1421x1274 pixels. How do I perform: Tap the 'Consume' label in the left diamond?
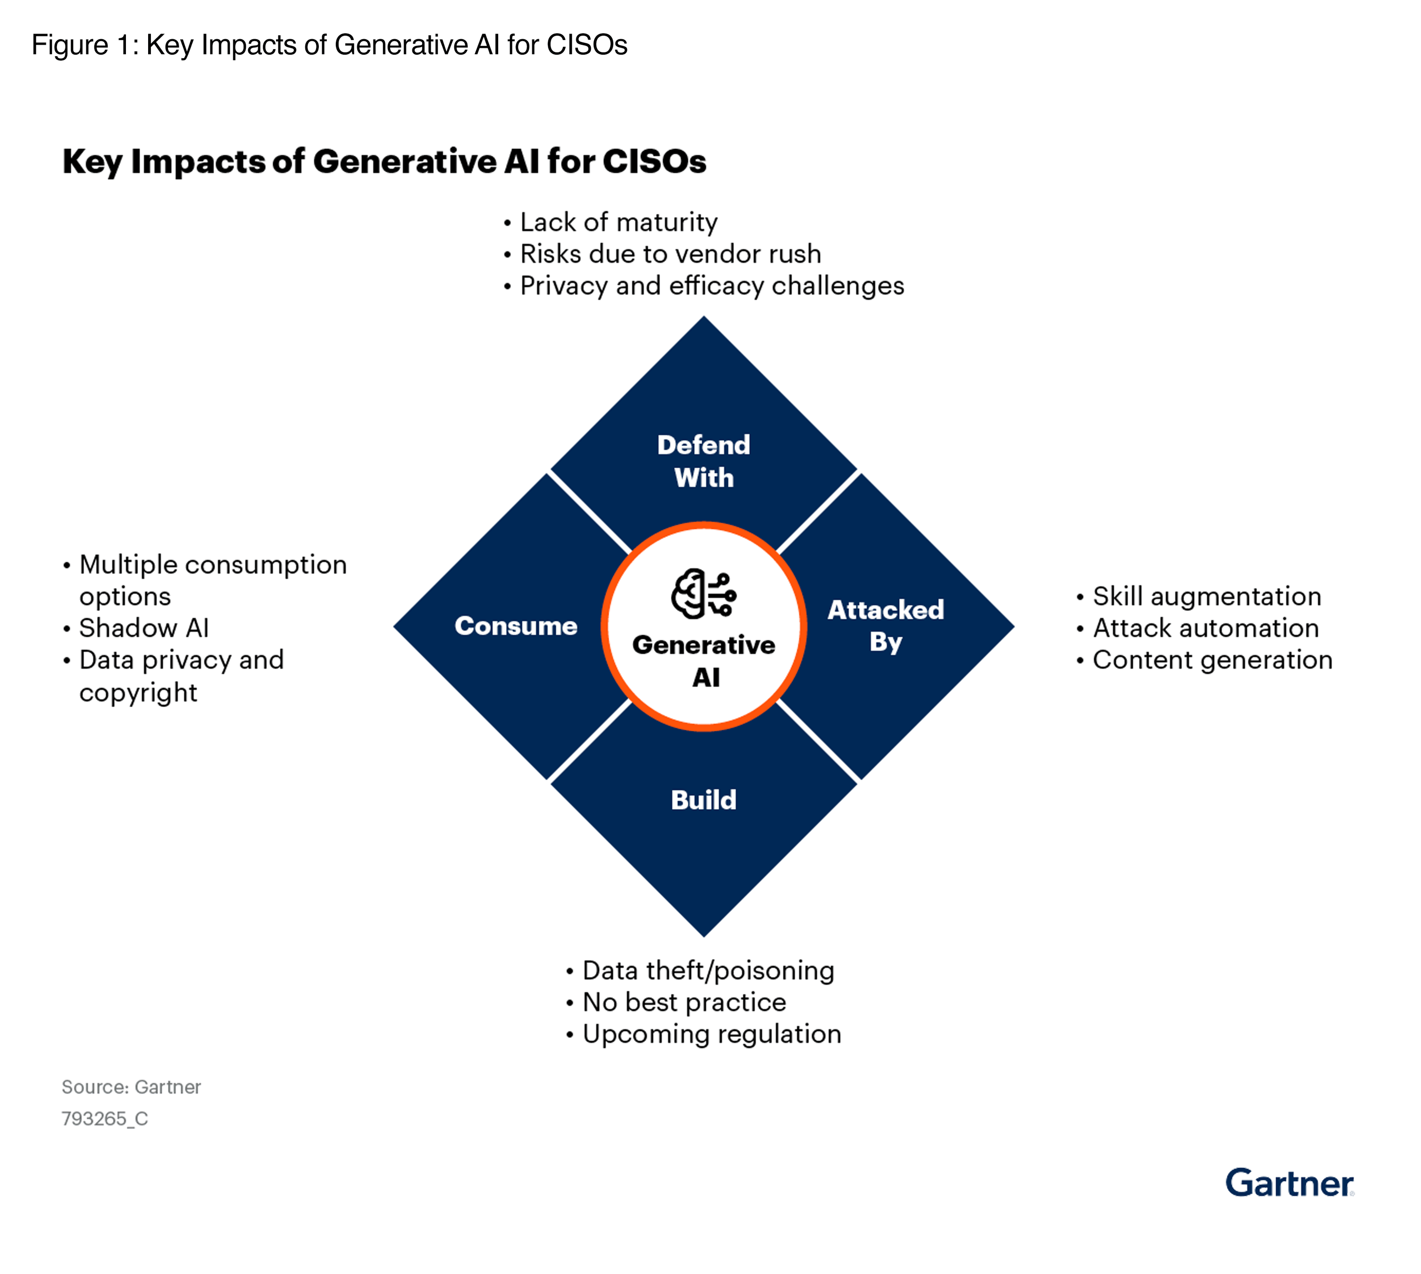click(516, 626)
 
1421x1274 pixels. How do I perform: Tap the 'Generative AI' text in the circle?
click(704, 661)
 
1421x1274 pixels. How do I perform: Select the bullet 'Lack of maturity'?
click(619, 223)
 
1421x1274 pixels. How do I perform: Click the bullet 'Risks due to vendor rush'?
click(670, 254)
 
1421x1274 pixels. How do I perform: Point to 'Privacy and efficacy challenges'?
click(711, 287)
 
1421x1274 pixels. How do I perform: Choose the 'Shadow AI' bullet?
click(143, 628)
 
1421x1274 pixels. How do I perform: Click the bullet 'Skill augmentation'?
click(1207, 596)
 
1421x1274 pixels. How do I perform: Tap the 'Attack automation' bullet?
click(1205, 628)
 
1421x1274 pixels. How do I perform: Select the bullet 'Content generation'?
click(1212, 660)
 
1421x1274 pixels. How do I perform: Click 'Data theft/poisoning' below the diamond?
click(708, 971)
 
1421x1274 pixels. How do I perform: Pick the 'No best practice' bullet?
click(684, 1003)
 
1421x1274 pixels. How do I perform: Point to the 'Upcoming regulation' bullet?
click(711, 1035)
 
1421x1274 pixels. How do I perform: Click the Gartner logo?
click(1289, 1183)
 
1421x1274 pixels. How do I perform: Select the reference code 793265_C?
click(104, 1119)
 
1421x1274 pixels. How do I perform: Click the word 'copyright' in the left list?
click(138, 693)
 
